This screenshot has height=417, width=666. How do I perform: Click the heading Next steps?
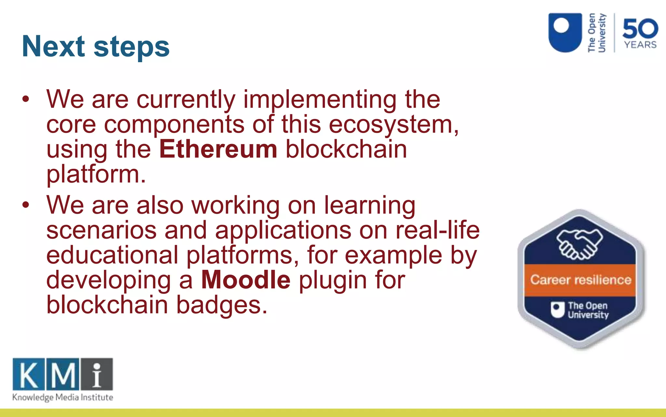click(96, 46)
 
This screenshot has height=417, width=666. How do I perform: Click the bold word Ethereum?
click(218, 149)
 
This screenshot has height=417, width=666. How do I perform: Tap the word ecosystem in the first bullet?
click(392, 125)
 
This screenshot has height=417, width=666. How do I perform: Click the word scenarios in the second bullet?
click(101, 230)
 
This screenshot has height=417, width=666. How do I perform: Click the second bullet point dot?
click(26, 205)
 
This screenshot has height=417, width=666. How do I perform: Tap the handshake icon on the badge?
click(579, 244)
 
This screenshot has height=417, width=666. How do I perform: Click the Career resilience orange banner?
click(580, 280)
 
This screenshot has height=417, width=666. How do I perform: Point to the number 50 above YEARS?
click(640, 29)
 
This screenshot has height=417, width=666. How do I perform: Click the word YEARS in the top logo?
click(640, 45)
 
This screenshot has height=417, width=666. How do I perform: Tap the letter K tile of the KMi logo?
click(29, 374)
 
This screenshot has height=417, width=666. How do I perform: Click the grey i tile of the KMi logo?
click(97, 374)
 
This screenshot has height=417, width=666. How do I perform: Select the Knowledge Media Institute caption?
click(63, 397)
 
